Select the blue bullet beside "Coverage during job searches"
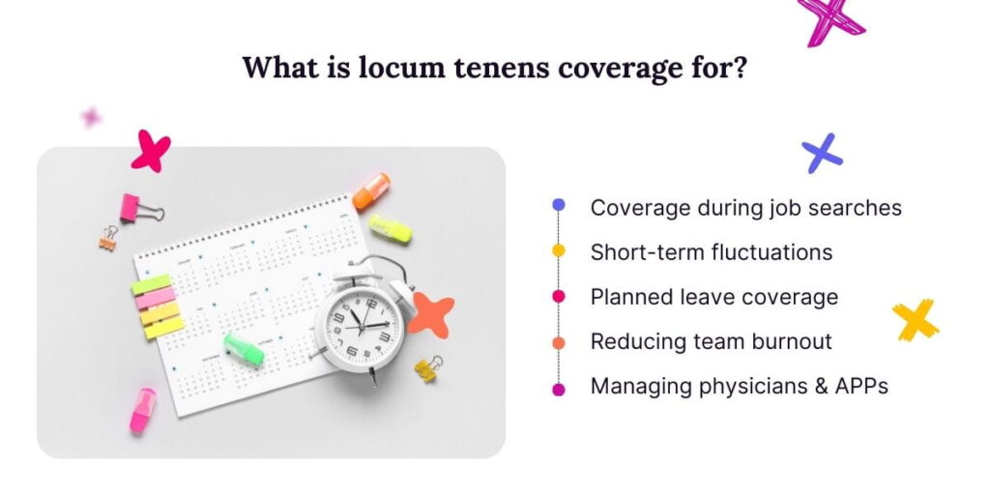[558, 206]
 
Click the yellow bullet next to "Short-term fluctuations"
[558, 251]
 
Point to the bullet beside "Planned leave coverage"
[558, 297]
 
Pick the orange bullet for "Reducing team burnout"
[558, 342]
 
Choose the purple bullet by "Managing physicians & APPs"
[558, 388]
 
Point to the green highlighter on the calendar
[244, 349]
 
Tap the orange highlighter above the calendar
[371, 190]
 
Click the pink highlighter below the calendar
[143, 409]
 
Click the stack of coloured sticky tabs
[157, 306]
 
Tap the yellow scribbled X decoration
[915, 320]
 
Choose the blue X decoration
[822, 153]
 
